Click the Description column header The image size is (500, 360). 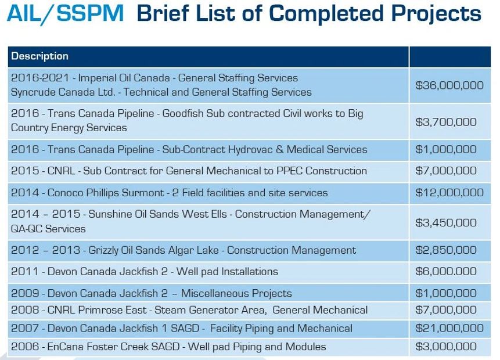[39, 56]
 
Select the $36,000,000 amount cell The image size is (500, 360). [449, 85]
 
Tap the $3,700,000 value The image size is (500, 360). [446, 122]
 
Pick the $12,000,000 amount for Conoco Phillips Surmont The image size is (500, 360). [449, 193]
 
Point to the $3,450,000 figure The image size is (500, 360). [446, 222]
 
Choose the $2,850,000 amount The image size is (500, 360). [446, 250]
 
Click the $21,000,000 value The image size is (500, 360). [449, 329]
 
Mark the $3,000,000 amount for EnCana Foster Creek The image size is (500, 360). [446, 347]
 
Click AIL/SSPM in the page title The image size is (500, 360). [65, 14]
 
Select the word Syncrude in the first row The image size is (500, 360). [33, 92]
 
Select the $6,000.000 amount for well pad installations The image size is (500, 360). [446, 271]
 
